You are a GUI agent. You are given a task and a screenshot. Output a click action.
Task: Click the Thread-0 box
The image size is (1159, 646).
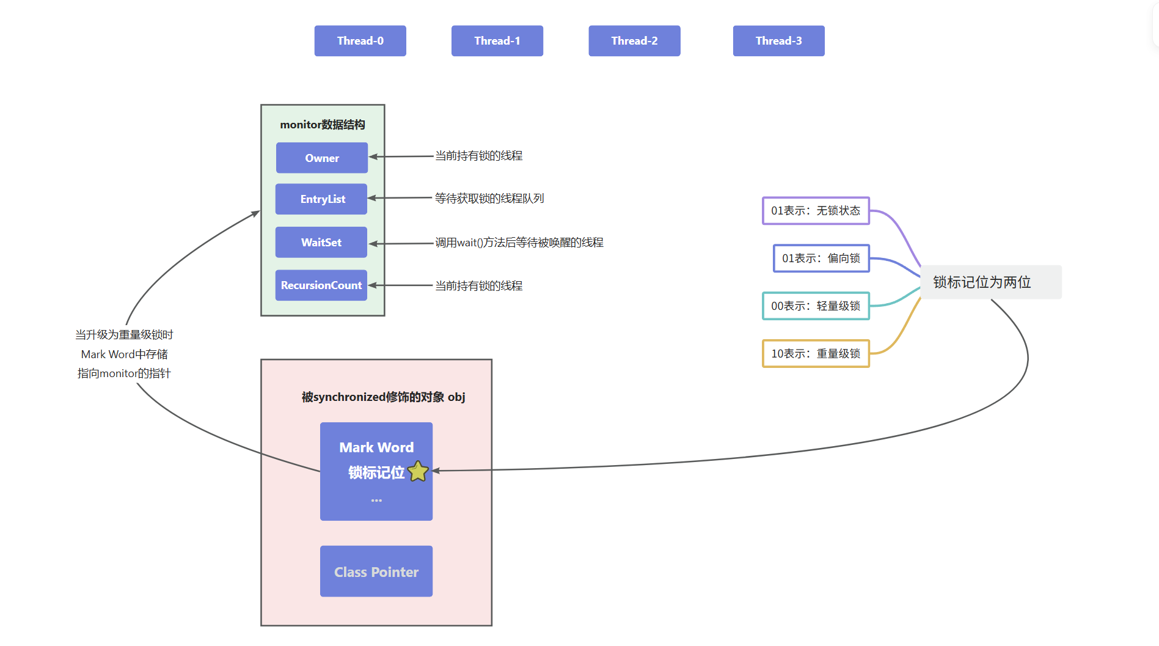(360, 41)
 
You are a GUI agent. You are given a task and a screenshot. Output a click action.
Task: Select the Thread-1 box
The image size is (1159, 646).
(497, 41)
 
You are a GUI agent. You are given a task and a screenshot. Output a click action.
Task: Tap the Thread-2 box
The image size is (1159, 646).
(634, 41)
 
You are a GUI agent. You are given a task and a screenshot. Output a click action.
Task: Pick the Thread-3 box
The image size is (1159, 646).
(778, 41)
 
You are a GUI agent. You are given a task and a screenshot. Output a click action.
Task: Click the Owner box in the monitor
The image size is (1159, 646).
(321, 158)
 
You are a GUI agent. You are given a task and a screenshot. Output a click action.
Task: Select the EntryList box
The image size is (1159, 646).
(321, 199)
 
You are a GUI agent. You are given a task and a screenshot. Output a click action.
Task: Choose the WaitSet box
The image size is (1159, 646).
(321, 242)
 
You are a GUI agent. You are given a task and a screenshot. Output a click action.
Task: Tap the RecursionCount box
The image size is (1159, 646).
(321, 285)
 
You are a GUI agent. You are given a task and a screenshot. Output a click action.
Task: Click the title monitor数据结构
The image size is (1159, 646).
(322, 125)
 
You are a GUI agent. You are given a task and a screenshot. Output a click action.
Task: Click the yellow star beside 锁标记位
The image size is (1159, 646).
(418, 471)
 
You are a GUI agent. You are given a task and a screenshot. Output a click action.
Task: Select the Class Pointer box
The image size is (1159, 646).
(376, 571)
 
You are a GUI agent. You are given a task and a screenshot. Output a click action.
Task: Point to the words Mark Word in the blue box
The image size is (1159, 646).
(376, 447)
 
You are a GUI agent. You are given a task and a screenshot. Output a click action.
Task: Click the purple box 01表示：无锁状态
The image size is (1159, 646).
(815, 211)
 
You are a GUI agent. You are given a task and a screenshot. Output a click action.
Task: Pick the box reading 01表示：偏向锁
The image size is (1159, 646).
(821, 258)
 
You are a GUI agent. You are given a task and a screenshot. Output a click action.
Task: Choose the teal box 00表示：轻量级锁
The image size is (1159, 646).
(815, 306)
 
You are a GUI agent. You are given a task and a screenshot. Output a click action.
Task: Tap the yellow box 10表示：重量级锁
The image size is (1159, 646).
(815, 353)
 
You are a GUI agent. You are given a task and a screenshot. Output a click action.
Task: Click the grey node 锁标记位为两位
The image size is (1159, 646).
(990, 282)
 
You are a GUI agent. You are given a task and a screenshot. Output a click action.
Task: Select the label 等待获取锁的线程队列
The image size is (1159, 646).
(489, 198)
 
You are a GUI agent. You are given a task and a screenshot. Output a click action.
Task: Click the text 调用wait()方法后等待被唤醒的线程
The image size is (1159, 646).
(519, 243)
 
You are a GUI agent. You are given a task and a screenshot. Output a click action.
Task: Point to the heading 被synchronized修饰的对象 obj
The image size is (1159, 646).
(383, 397)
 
